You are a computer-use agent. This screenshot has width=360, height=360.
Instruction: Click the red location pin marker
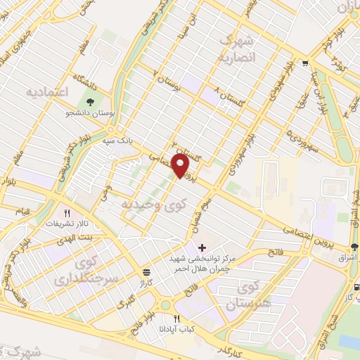[181, 165]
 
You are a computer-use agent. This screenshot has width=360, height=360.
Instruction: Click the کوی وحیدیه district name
[146, 203]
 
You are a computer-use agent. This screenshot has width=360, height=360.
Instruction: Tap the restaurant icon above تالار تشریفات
[67, 212]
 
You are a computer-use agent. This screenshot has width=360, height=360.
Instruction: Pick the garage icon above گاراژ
[146, 271]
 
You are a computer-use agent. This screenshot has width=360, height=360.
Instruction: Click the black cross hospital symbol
[202, 247]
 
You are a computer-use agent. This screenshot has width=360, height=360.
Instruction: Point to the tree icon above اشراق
[354, 247]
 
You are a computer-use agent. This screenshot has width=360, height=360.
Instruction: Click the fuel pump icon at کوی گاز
[357, 287]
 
